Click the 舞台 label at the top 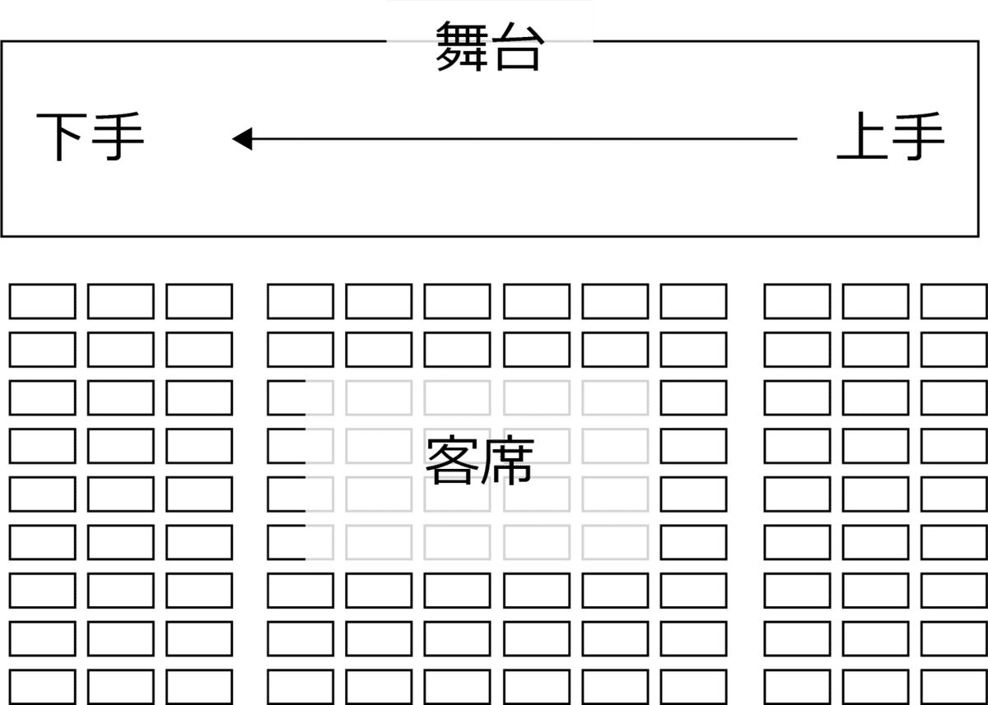(489, 47)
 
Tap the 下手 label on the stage (91, 138)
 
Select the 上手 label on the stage (890, 138)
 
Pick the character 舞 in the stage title (462, 47)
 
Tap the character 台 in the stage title (516, 49)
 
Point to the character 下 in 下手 (63, 138)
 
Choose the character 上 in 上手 (863, 138)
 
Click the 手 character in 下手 (118, 138)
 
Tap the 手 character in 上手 (917, 138)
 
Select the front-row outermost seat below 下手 (42, 301)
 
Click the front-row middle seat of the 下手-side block (120, 301)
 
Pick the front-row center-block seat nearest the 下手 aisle (300, 301)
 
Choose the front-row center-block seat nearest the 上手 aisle (693, 301)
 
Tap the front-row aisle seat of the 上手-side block (797, 301)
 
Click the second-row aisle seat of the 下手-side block (198, 349)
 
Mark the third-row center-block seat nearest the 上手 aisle (693, 397)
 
